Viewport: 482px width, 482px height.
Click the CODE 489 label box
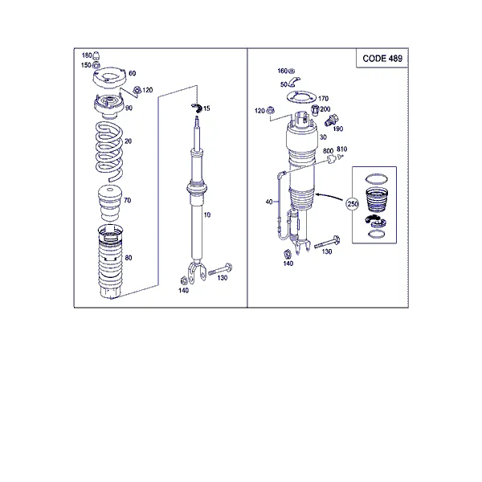382,58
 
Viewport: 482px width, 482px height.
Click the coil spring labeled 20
109,151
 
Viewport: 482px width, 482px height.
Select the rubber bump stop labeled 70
110,203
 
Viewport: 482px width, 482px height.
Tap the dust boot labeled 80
110,262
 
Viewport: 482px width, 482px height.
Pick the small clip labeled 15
197,108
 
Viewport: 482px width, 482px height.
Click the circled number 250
353,204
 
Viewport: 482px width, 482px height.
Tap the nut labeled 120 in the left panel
137,90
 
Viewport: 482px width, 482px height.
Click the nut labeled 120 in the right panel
270,110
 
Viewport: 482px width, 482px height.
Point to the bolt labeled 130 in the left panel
220,269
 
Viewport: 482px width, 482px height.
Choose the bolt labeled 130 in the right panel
327,242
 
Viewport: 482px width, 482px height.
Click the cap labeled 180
96,55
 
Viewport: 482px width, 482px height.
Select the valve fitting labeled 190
331,120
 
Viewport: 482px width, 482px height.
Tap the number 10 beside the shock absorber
207,214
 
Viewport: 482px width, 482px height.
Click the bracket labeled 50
293,82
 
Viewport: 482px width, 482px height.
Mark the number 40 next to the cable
269,202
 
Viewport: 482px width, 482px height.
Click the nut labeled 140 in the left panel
183,280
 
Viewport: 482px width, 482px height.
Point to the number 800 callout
328,151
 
